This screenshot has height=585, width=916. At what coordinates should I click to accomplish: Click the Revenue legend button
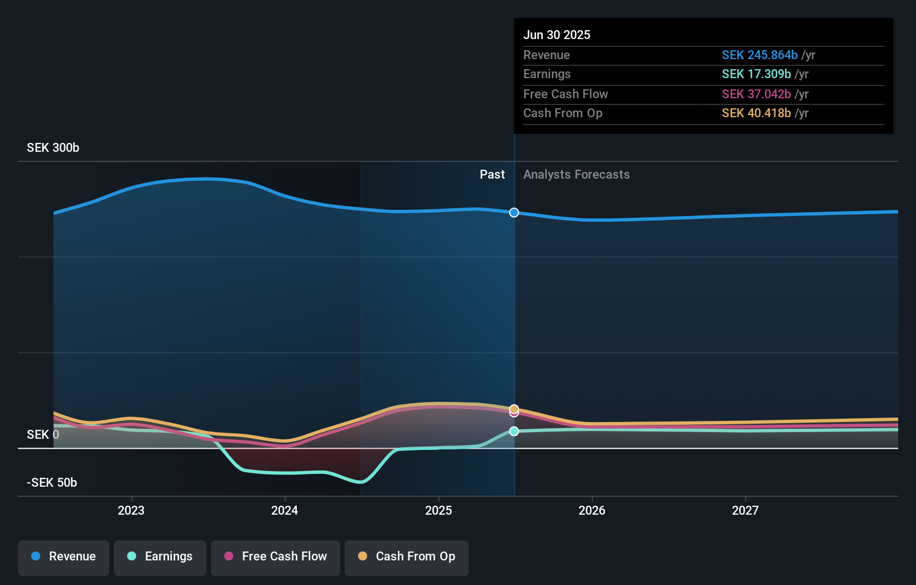point(64,557)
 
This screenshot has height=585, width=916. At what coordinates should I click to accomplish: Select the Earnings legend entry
point(160,557)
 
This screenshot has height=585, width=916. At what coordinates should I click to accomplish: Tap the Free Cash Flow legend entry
point(276,557)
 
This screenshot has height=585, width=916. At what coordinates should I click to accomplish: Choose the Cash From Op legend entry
point(407,557)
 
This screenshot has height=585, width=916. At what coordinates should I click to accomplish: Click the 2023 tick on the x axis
point(131,510)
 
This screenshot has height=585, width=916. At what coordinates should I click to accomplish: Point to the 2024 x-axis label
point(285,510)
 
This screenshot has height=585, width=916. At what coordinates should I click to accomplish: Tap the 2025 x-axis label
point(438,510)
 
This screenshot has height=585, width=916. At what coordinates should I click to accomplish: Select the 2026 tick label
point(592,510)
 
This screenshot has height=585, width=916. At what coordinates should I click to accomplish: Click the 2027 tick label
point(745,510)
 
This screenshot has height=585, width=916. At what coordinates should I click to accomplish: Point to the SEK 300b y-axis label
point(53,148)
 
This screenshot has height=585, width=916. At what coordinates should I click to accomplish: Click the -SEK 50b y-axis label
point(52,483)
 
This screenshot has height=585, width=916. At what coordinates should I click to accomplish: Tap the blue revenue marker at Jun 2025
point(514,213)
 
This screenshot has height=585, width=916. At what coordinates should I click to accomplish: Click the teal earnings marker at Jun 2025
point(514,431)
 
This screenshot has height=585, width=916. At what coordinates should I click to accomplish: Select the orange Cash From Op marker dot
point(514,409)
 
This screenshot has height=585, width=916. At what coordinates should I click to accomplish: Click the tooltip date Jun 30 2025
point(557,35)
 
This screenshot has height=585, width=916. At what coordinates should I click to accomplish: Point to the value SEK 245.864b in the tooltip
point(759,55)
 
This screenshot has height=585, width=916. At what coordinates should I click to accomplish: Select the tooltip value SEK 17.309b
point(756,74)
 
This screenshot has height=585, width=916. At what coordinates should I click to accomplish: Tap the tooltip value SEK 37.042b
point(756,94)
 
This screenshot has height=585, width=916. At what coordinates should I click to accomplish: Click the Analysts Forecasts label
point(576,175)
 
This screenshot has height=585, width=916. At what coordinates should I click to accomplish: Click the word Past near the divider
point(492,175)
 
